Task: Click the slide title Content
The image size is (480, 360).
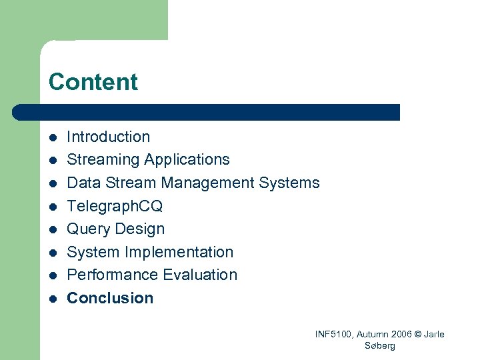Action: coord(93,82)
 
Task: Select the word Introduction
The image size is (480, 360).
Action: coord(109,137)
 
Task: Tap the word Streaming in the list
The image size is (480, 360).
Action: coord(103,160)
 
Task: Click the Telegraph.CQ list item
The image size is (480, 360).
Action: coord(115,206)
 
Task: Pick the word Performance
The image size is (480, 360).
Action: coord(109,275)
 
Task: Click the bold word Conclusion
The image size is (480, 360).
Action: coord(110,298)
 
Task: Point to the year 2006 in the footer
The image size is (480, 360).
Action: coord(394,334)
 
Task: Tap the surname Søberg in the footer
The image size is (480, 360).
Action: coord(380,345)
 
